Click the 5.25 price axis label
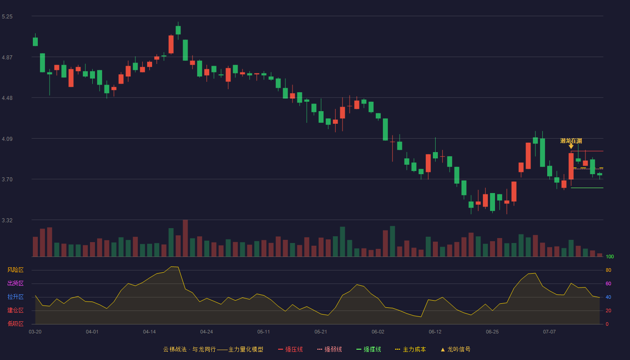pos(7,17)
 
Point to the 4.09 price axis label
pos(7,139)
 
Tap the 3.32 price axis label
pos(7,220)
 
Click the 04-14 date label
pos(149,332)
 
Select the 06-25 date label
pos(492,332)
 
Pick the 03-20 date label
pos(35,332)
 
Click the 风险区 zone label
pos(15,270)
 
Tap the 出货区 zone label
pos(15,283)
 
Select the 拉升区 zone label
pos(15,297)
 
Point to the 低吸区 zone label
pos(15,324)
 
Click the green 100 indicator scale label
pos(610,256)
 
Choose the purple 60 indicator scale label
pos(608,283)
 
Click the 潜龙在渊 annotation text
pos(571,140)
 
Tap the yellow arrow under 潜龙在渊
pos(571,146)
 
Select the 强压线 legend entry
pos(290,349)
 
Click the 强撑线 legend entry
pos(369,349)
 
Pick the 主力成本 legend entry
pos(410,349)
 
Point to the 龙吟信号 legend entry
pos(455,349)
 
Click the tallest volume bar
pos(185,238)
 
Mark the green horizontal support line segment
pos(587,188)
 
